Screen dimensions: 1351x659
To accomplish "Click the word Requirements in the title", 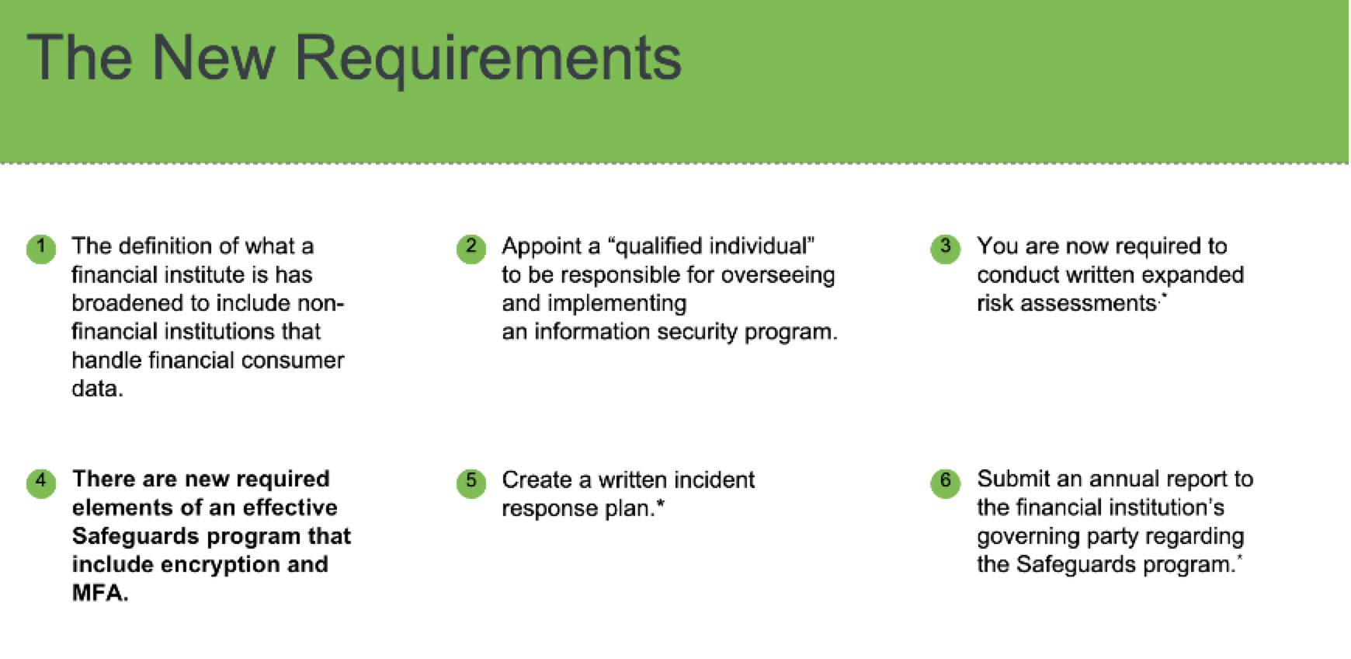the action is click(488, 59).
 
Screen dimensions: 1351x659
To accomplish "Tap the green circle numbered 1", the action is click(41, 249).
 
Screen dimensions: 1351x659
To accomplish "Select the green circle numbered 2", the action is click(471, 249).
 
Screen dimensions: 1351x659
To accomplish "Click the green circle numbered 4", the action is click(41, 482).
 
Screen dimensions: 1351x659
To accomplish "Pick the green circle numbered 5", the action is click(471, 482).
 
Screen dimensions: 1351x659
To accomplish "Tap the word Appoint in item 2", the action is click(540, 247).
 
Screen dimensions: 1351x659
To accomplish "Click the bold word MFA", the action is click(100, 593).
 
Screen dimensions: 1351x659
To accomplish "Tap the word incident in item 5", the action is click(714, 479).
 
